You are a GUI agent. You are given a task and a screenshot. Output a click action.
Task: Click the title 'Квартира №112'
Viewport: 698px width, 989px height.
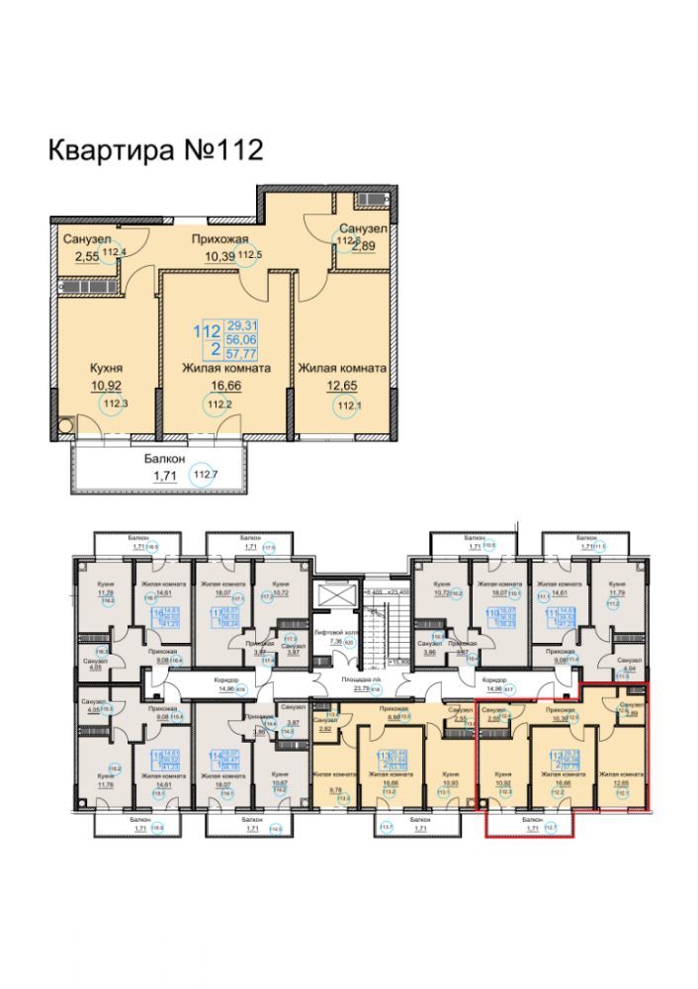point(155,150)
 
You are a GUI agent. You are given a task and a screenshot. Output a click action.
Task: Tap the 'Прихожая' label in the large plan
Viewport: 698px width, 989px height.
point(218,238)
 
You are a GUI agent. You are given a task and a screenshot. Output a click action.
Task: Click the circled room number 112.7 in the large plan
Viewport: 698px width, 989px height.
point(204,477)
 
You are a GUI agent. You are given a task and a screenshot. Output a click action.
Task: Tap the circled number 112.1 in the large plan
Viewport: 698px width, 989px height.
point(347,405)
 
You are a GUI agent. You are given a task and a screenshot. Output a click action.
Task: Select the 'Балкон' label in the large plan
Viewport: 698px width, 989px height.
point(154,458)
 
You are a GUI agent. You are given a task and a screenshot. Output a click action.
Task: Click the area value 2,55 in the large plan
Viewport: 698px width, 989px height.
point(88,257)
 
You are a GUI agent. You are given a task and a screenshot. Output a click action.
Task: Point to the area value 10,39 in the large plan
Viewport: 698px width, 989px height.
point(220,257)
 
